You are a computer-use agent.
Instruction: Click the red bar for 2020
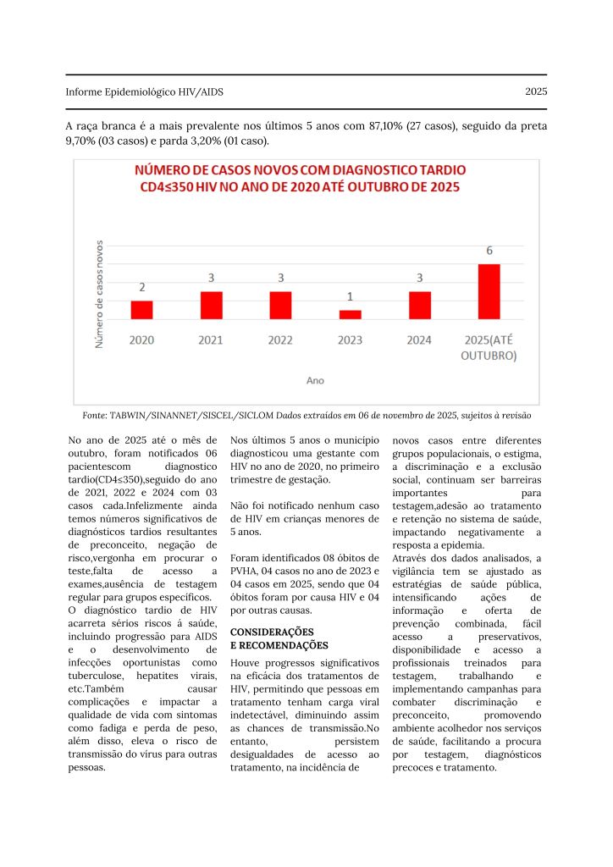[x=141, y=310]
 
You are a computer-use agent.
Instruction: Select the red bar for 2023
[x=350, y=314]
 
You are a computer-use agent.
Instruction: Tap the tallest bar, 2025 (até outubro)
[x=489, y=291]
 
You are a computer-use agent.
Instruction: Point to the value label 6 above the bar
[x=489, y=251]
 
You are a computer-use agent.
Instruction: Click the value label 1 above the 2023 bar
[x=350, y=297]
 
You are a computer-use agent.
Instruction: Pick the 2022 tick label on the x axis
[x=280, y=340]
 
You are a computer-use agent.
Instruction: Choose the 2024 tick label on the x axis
[x=420, y=340]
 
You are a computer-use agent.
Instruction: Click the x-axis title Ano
[x=315, y=381]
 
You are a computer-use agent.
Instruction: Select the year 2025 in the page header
[x=535, y=91]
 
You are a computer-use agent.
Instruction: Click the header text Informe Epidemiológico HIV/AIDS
[x=145, y=91]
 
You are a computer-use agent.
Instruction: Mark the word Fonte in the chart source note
[x=95, y=417]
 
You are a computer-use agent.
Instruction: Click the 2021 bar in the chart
[x=211, y=305]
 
